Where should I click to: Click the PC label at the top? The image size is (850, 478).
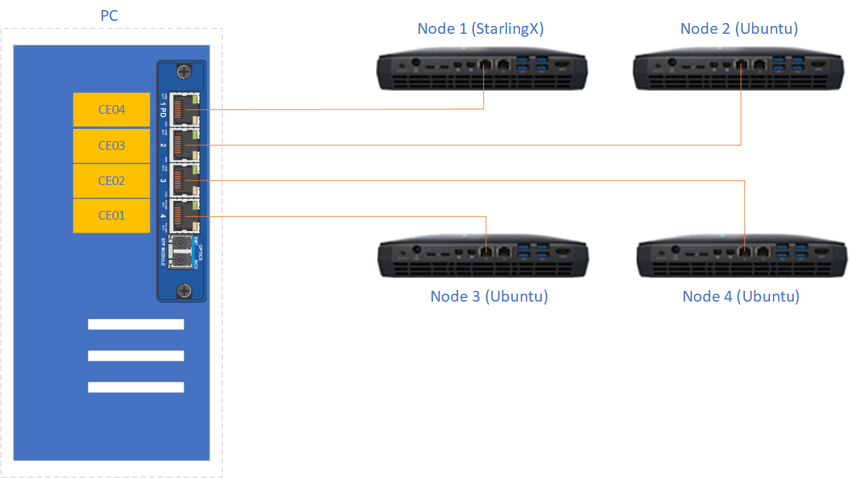coord(109,15)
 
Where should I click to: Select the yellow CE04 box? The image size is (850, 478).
coord(112,110)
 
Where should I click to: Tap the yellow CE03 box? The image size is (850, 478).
coord(112,145)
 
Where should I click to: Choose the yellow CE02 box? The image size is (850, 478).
coord(112,181)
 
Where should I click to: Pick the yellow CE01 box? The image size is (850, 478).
coord(112,215)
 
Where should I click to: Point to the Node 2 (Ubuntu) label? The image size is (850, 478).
coord(739,29)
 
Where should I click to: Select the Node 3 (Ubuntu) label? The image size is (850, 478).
coord(489,297)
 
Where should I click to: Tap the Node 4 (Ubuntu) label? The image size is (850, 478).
coord(741,297)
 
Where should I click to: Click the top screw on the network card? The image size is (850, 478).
coord(183,72)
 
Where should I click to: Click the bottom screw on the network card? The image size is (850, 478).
coord(183,290)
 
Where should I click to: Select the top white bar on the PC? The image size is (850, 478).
coord(135,324)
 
